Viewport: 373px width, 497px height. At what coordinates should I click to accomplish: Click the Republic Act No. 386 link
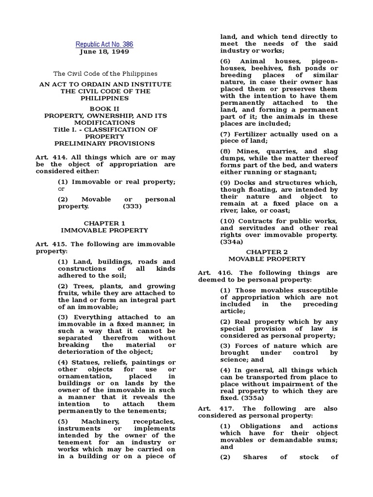click(104, 45)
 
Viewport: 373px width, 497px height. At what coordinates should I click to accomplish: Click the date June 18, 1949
click(104, 52)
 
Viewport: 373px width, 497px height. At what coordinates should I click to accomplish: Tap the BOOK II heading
click(105, 109)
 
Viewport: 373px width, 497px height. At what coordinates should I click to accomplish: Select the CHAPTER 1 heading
click(104, 222)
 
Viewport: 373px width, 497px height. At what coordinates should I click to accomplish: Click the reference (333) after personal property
click(133, 206)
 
